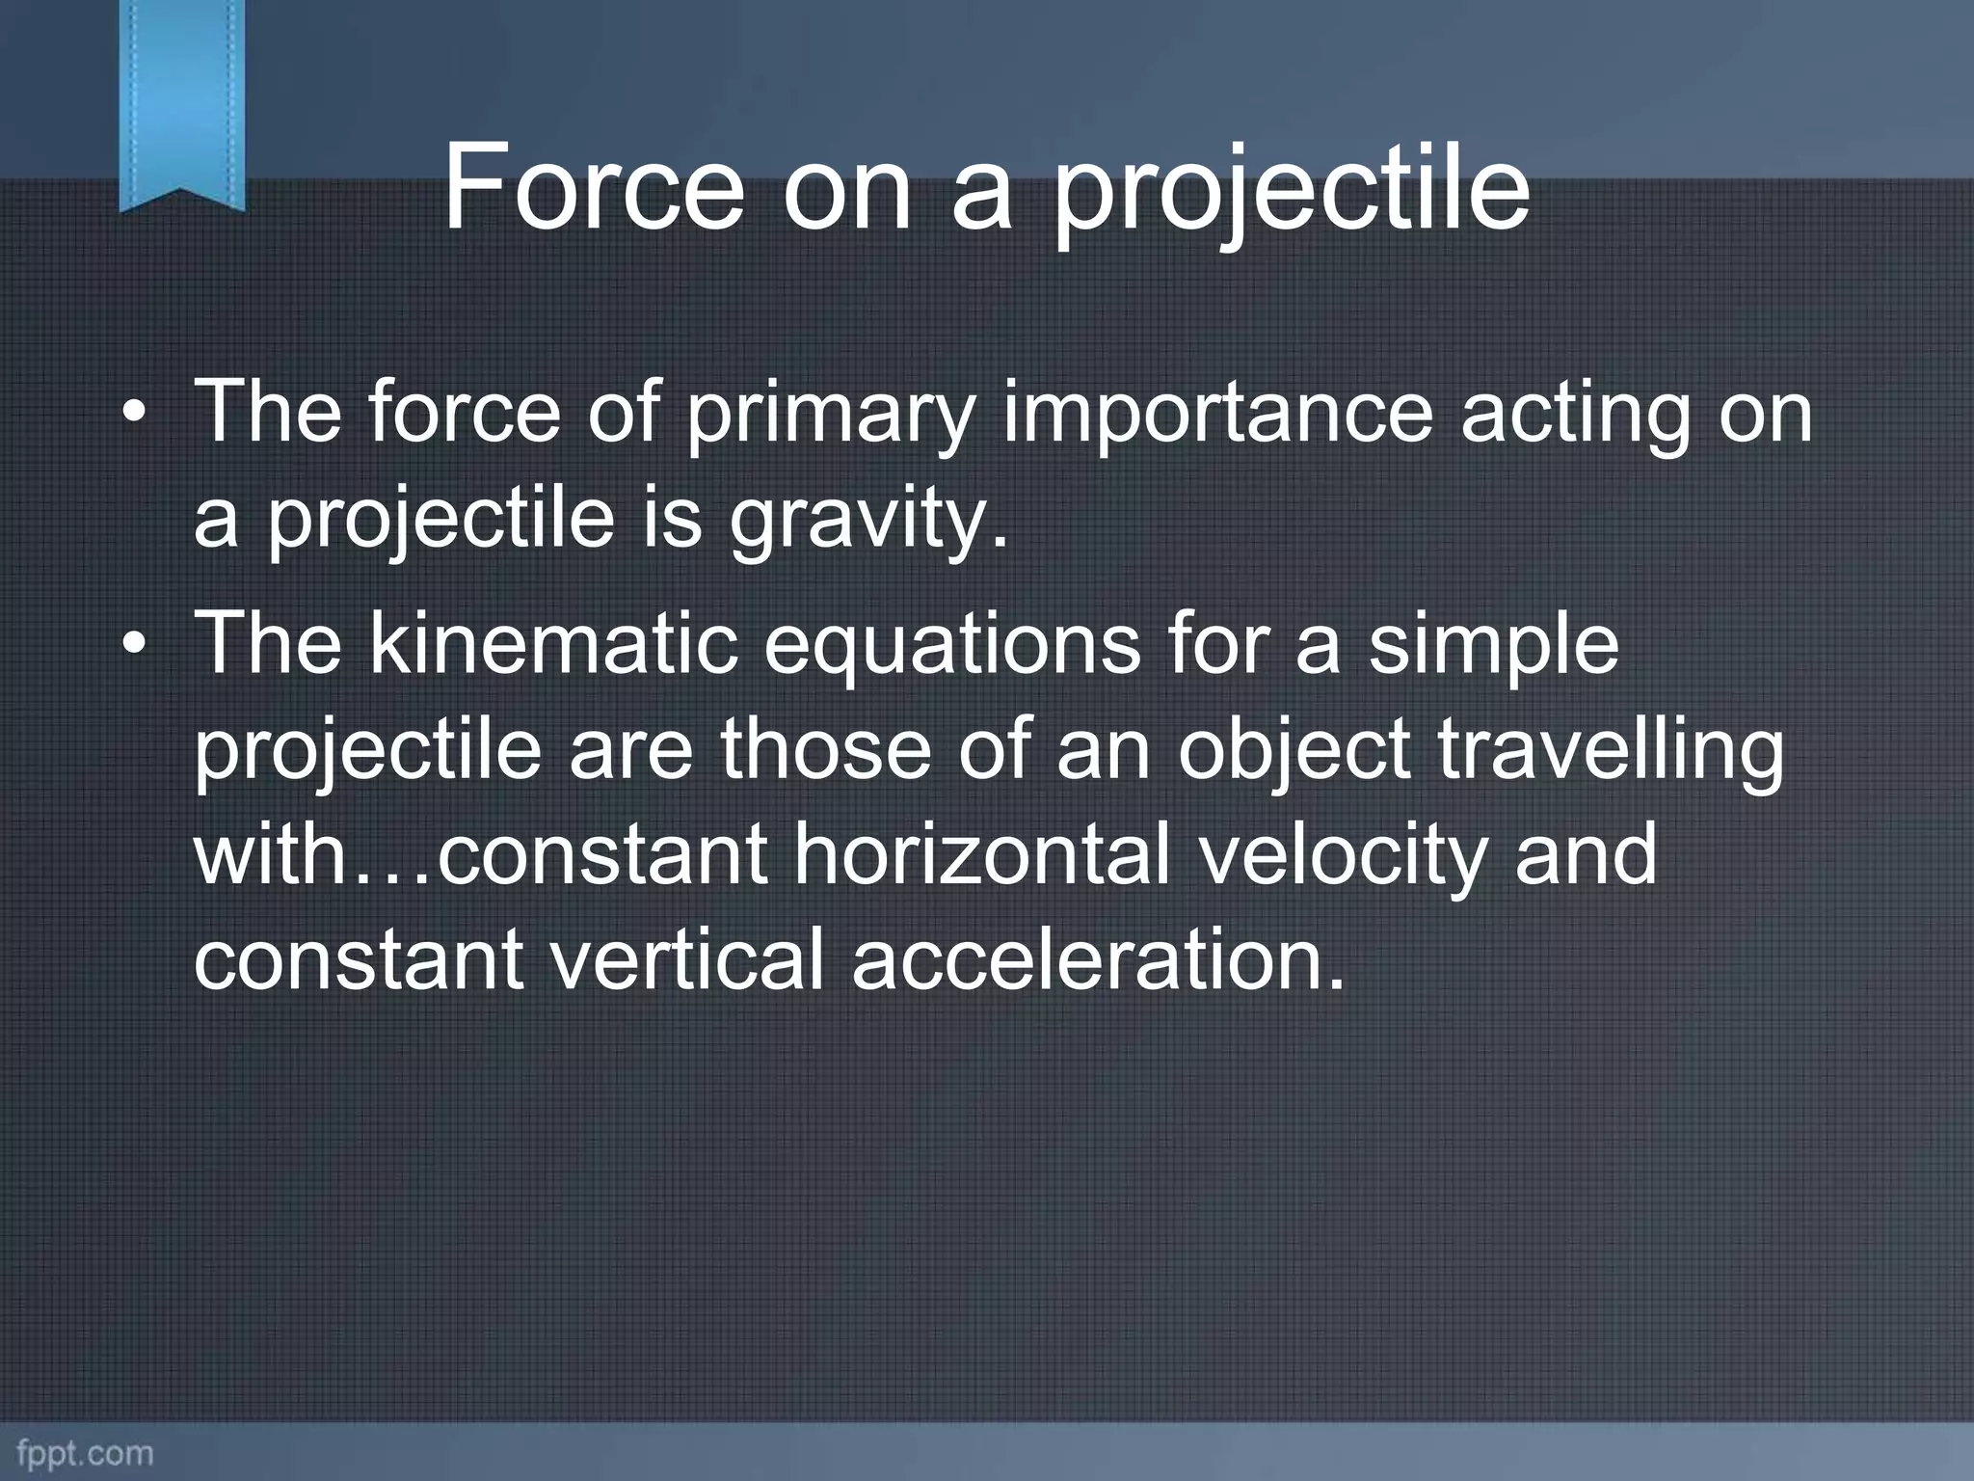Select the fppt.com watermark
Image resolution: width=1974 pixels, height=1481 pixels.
(x=84, y=1453)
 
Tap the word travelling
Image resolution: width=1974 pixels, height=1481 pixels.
(x=1610, y=753)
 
